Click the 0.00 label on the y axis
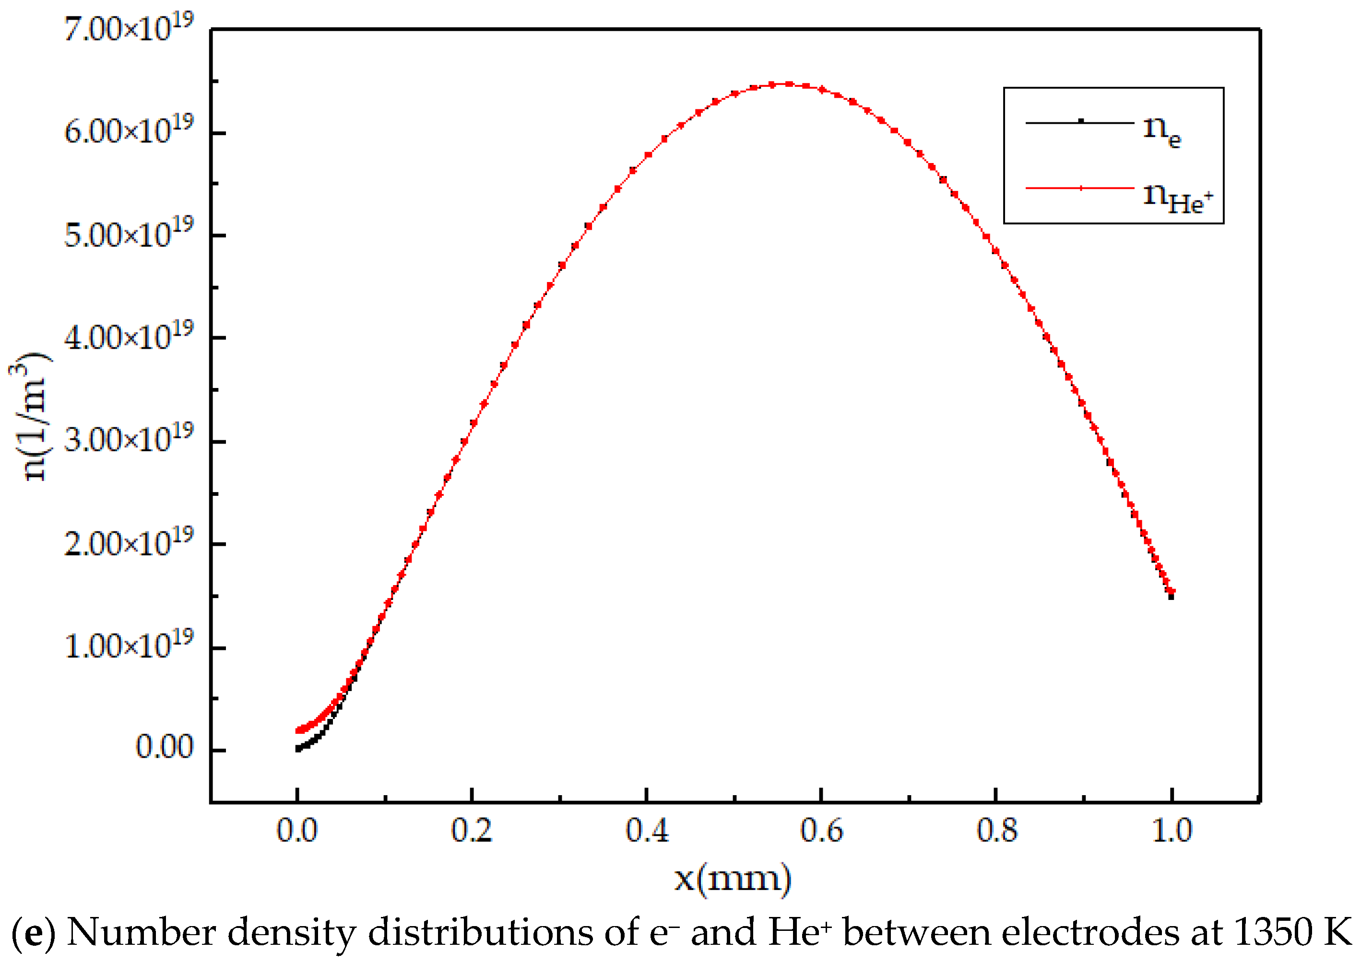(x=164, y=747)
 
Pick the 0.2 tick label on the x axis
(x=472, y=830)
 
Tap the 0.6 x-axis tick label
(x=821, y=830)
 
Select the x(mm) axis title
(x=733, y=878)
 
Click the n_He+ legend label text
(x=1177, y=197)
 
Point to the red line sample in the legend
(x=1080, y=188)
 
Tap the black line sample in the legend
(x=1080, y=122)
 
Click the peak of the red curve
(x=789, y=84)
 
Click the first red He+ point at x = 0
(x=298, y=730)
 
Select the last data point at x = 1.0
(x=1171, y=595)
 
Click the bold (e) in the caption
(x=33, y=933)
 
